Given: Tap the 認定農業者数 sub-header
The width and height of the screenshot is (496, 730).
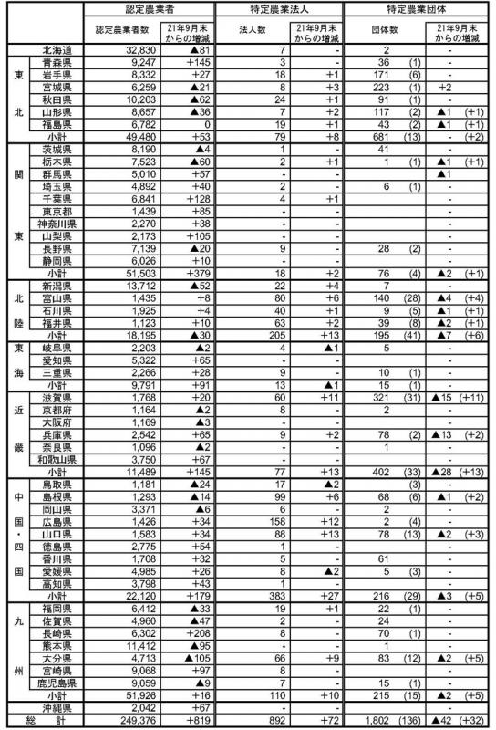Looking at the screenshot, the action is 126,29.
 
